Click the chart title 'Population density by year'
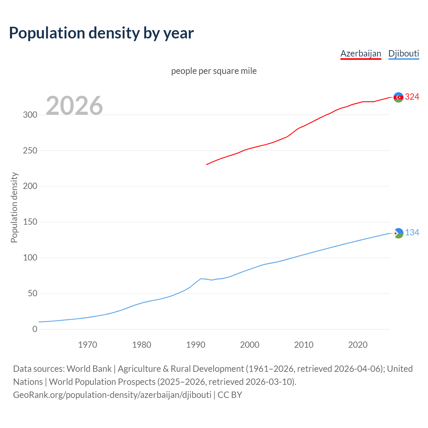[x=101, y=33]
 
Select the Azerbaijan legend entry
[x=360, y=53]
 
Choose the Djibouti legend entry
[x=404, y=53]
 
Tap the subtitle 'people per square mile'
[x=214, y=71]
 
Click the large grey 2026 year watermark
[x=74, y=106]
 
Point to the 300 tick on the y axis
[x=30, y=115]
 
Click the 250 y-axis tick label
[x=30, y=150]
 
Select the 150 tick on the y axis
[x=30, y=222]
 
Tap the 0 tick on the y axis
[x=35, y=329]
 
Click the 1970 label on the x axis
[x=88, y=345]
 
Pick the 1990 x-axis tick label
[x=196, y=345]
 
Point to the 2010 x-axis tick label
[x=304, y=345]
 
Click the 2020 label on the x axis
[x=358, y=345]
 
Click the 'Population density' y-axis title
[x=14, y=207]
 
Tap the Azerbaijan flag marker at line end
[x=398, y=97]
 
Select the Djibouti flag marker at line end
[x=398, y=233]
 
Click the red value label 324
[x=412, y=97]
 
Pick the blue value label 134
[x=412, y=233]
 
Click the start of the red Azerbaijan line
[x=207, y=165]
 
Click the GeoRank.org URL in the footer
[x=112, y=395]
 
